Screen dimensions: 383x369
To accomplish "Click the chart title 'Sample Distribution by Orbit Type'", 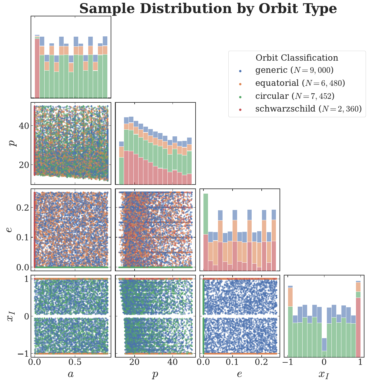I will pyautogui.click(x=208, y=8).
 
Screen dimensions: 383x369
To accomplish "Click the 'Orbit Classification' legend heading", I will pyautogui.click(x=297, y=58).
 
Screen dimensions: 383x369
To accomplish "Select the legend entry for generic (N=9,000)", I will pyautogui.click(x=294, y=70).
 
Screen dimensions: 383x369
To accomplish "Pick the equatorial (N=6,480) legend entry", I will pyautogui.click(x=300, y=83).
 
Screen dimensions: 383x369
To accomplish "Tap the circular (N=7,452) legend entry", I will pyautogui.click(x=295, y=96).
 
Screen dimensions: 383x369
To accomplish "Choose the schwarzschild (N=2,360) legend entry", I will pyautogui.click(x=308, y=109).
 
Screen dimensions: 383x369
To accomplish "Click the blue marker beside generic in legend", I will pyautogui.click(x=240, y=71).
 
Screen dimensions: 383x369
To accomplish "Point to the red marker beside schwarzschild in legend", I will pyautogui.click(x=240, y=109).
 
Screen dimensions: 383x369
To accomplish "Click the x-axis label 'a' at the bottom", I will pyautogui.click(x=71, y=374).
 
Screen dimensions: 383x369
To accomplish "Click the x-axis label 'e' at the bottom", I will pyautogui.click(x=239, y=374).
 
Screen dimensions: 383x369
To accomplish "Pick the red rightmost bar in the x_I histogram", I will pyautogui.click(x=358, y=327).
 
